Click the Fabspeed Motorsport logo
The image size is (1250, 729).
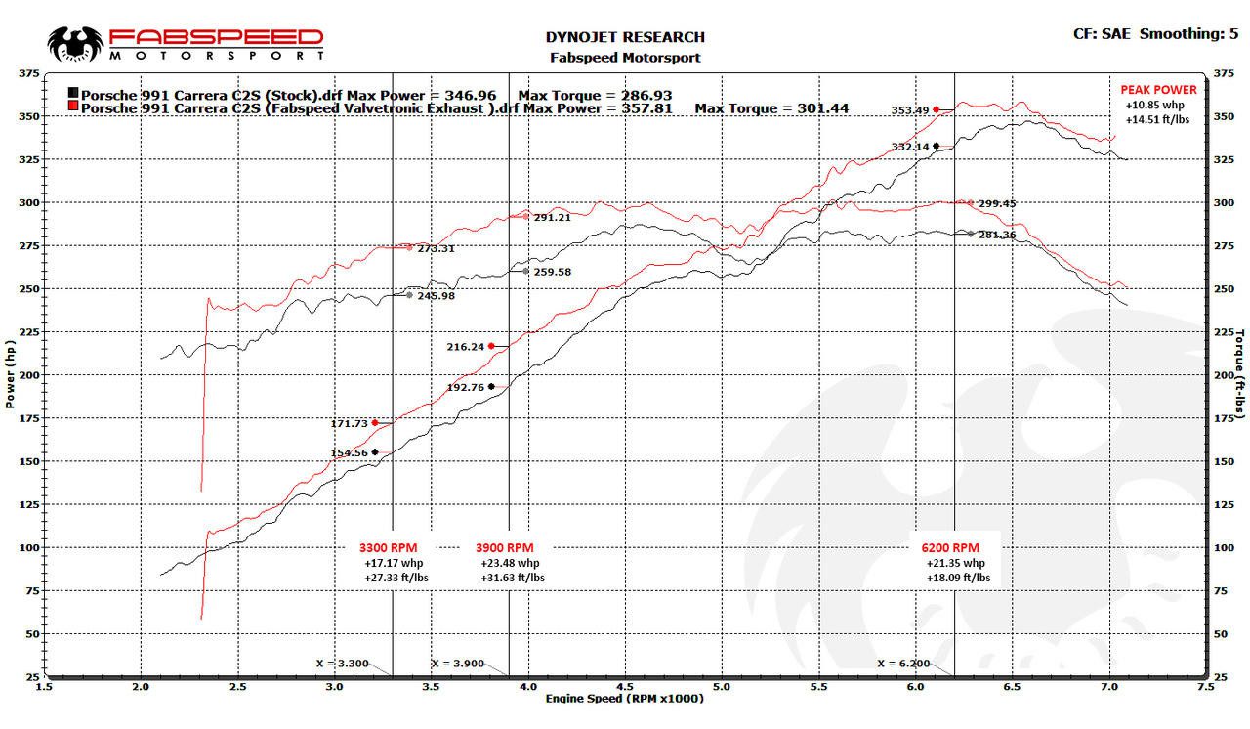pos(186,43)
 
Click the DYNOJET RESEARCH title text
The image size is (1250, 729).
pos(624,37)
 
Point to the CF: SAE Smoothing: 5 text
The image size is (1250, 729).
pos(1147,34)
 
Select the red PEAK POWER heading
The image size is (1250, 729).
pos(1157,89)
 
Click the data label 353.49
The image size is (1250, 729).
pos(909,110)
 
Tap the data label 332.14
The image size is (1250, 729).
pos(909,147)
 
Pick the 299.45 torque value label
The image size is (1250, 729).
pos(997,204)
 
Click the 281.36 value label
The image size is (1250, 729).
pos(997,235)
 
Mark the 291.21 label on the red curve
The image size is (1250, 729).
pos(552,217)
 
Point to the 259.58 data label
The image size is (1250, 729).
pos(552,272)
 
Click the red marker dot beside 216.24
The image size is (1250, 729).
pos(491,346)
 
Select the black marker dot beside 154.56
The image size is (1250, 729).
pos(375,451)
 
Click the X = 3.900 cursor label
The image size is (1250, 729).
pos(457,664)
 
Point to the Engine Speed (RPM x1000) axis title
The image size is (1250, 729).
pos(624,698)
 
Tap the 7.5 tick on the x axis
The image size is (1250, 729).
pos(1204,687)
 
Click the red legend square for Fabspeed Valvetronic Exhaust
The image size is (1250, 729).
pos(73,106)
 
